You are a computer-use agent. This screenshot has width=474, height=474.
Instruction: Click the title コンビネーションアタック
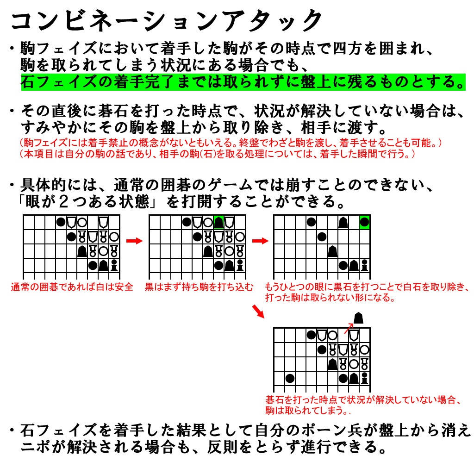point(167,21)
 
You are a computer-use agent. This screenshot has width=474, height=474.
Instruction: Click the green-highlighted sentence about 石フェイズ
point(243,82)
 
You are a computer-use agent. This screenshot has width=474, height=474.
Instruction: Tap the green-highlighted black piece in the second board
point(218,223)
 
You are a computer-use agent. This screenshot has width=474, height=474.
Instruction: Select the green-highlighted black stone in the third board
point(365,223)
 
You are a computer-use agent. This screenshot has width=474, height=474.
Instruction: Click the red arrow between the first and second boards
point(134,241)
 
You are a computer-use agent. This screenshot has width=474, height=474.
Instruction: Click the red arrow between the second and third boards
point(260,241)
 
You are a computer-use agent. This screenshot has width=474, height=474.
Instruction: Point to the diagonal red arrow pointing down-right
point(257,312)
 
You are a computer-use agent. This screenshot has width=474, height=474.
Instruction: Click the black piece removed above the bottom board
point(358,318)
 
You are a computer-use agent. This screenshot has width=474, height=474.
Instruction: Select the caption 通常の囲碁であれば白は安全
point(72,287)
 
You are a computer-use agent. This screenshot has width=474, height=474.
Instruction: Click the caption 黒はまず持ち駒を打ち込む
point(199,287)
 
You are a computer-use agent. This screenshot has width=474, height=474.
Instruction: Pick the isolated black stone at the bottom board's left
point(290,378)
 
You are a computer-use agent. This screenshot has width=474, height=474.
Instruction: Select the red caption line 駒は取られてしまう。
point(307,411)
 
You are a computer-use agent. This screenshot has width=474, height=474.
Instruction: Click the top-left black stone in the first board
point(61,222)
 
